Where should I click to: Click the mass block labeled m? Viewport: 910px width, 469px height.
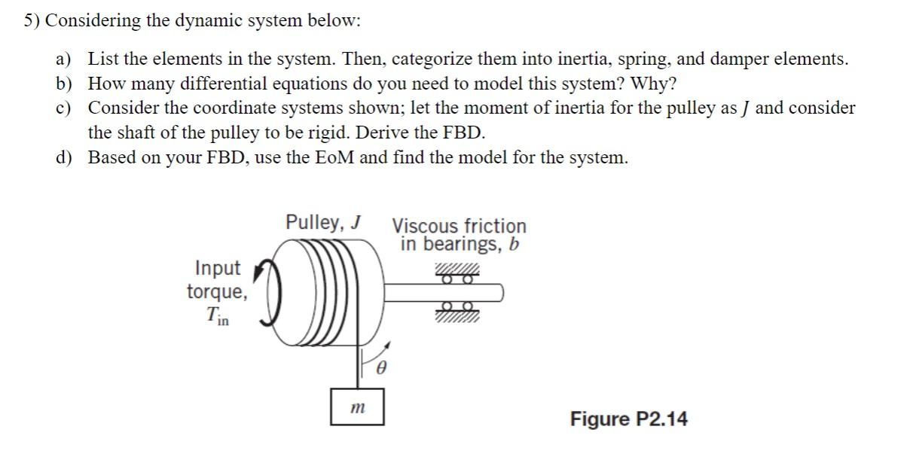click(x=357, y=407)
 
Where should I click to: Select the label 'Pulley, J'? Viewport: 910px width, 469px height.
click(x=323, y=223)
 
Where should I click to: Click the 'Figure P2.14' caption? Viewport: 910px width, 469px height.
click(x=628, y=419)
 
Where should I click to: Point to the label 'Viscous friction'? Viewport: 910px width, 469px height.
click(x=460, y=226)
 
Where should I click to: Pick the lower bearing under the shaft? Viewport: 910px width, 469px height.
click(x=456, y=309)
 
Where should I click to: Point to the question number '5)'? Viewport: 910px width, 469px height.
click(x=32, y=21)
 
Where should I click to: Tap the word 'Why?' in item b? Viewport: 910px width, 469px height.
click(x=653, y=84)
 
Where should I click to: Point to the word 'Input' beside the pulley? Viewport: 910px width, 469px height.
click(x=218, y=268)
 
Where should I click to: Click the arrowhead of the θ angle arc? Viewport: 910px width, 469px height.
click(x=388, y=346)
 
